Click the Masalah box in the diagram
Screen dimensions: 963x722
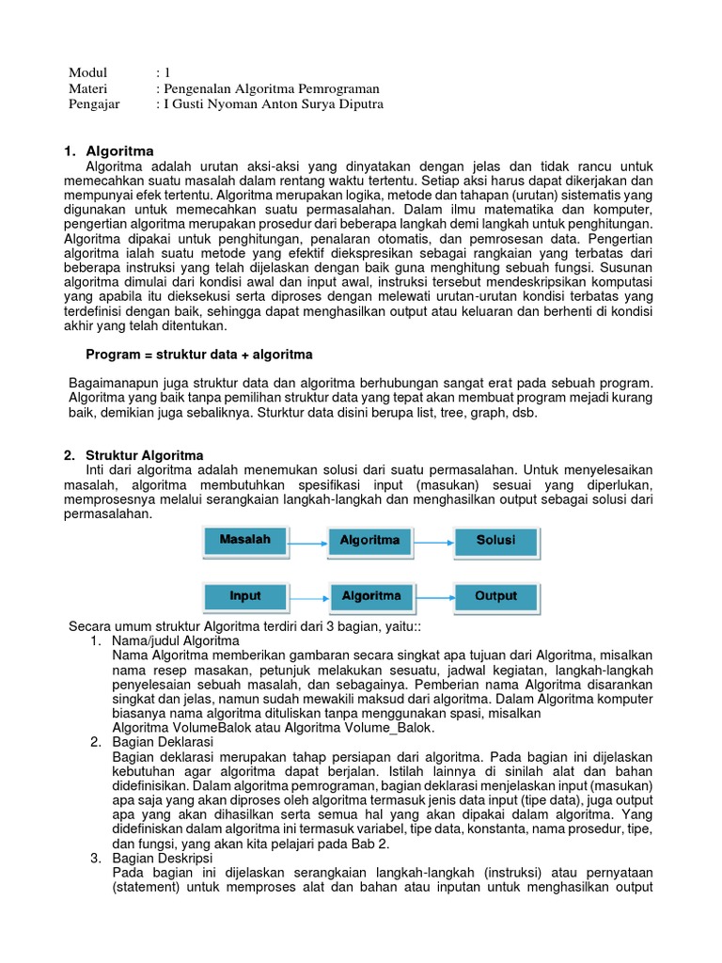tap(244, 541)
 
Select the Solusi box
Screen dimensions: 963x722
tap(495, 541)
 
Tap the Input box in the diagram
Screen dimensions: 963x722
tap(244, 596)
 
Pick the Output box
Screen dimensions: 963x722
tap(495, 596)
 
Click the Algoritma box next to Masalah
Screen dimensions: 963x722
tap(370, 541)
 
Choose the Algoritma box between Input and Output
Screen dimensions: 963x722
tap(370, 596)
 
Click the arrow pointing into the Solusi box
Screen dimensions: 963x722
tap(433, 542)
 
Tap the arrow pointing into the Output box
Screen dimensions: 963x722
tap(433, 597)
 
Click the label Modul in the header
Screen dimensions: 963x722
tap(88, 72)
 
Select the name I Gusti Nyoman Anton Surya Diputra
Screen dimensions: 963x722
tap(274, 104)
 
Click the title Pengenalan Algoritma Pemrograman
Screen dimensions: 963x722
tap(262, 88)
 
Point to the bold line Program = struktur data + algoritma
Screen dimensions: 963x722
tap(199, 355)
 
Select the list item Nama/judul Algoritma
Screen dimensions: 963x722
tap(176, 640)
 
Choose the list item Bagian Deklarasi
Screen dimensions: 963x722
tap(162, 742)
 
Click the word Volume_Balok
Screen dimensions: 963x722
tap(389, 727)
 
